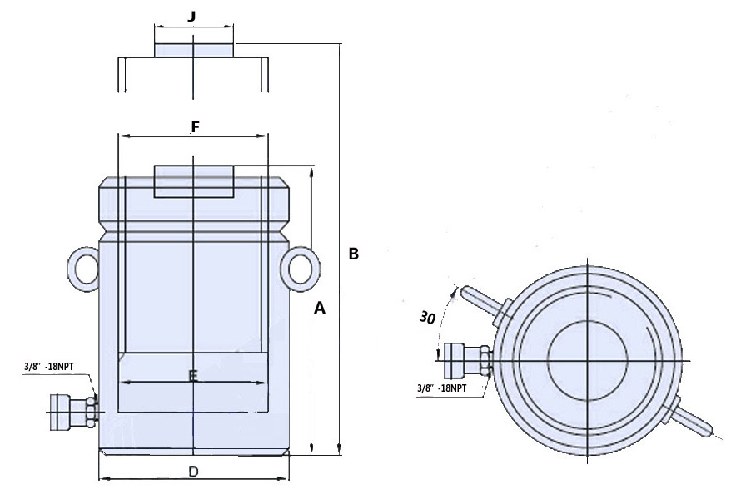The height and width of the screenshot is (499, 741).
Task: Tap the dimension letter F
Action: [195, 127]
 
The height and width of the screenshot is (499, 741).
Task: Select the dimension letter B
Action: [354, 254]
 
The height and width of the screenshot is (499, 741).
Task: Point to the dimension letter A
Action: [319, 309]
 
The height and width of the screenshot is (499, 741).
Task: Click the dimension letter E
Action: [192, 377]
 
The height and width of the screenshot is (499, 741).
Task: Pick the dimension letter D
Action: [193, 472]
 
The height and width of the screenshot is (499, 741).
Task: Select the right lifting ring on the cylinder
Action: [301, 267]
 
